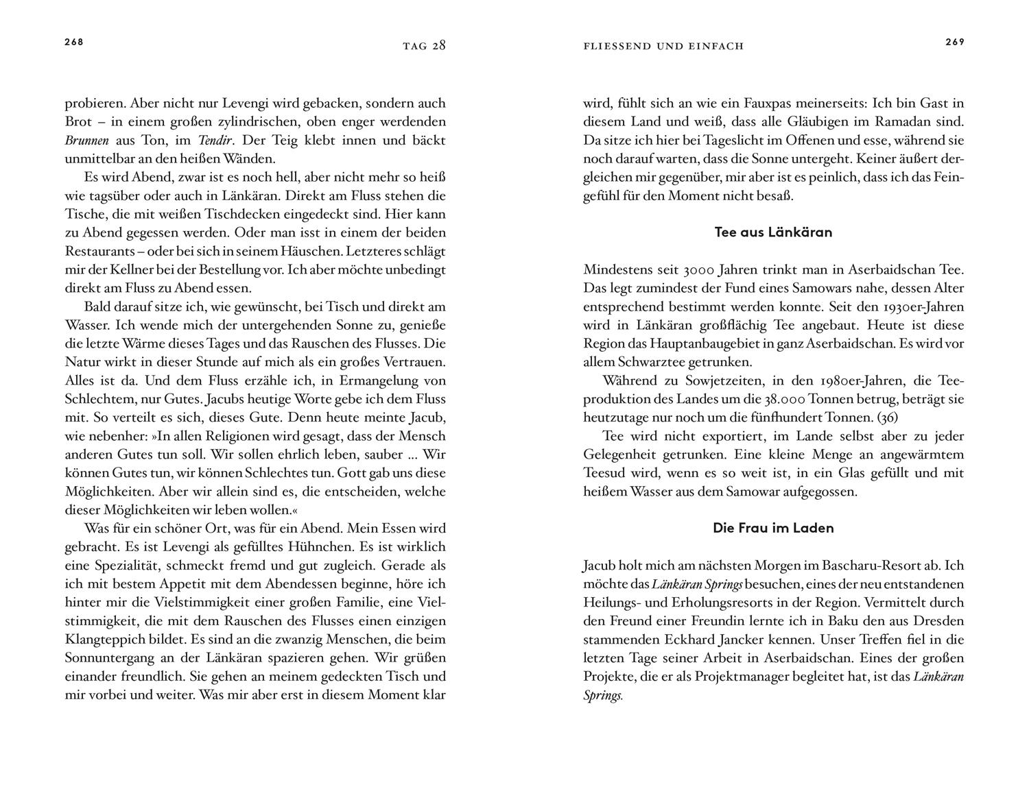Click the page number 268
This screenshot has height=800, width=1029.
tap(73, 42)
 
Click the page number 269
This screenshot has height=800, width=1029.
tap(955, 42)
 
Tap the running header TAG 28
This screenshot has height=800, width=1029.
tap(424, 46)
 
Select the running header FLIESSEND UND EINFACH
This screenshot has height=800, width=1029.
tap(663, 46)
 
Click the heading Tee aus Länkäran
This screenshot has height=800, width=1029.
tap(773, 232)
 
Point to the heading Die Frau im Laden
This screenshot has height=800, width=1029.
tap(773, 528)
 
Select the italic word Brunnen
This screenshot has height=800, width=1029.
tap(86, 140)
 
